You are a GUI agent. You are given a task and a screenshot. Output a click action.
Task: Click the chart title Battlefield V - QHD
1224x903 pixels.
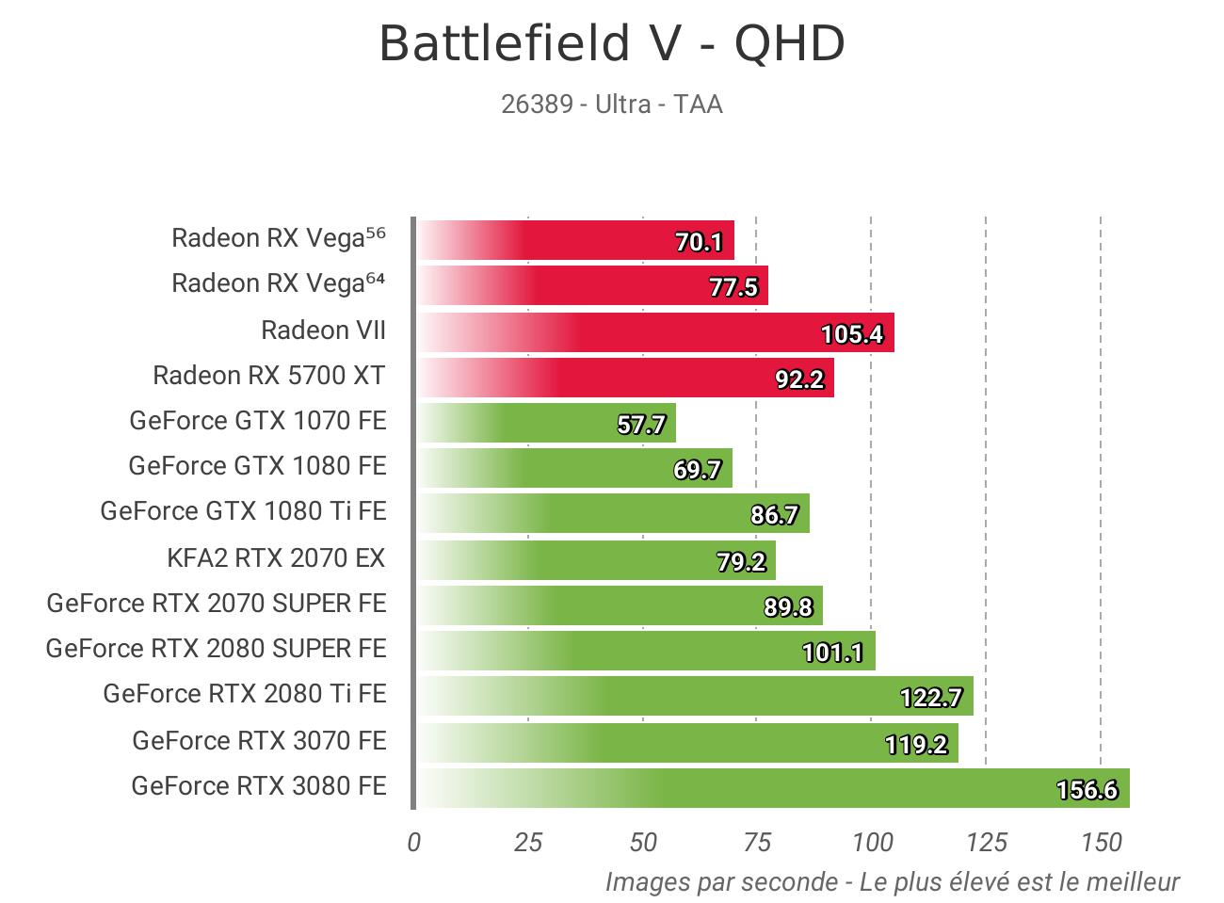point(612,44)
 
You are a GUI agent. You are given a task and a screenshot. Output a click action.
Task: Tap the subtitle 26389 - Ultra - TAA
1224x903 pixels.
point(612,104)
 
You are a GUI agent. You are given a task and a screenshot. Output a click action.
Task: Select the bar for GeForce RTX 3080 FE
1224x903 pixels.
point(772,787)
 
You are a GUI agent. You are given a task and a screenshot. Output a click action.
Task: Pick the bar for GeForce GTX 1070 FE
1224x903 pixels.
point(546,422)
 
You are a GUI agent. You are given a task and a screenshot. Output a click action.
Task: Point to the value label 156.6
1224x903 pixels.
point(1087,789)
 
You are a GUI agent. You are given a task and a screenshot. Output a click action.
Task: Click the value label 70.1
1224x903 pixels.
point(699,242)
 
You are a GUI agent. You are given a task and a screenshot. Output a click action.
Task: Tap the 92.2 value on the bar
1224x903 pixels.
point(799,379)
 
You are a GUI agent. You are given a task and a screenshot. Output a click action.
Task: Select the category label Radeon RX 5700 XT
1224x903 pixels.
point(269,376)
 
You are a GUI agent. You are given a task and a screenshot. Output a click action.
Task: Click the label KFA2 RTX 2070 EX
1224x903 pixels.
point(276,558)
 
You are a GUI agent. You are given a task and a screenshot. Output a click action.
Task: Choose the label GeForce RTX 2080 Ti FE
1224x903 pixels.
point(245,694)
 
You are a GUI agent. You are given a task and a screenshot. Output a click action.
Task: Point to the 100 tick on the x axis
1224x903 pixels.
point(872,842)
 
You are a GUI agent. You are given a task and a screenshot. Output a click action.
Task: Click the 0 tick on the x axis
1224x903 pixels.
point(413,842)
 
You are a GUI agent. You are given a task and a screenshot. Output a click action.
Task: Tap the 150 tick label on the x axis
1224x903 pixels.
point(1101,842)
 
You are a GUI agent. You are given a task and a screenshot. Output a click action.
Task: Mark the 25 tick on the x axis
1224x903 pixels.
point(528,842)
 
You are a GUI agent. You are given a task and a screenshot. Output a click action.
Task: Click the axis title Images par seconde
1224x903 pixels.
point(892,882)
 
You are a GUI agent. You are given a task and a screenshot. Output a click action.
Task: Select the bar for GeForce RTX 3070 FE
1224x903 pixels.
point(687,742)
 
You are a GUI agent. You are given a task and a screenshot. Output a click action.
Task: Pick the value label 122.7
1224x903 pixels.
point(931,698)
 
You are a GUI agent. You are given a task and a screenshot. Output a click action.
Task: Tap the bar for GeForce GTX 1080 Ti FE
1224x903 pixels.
point(612,513)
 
